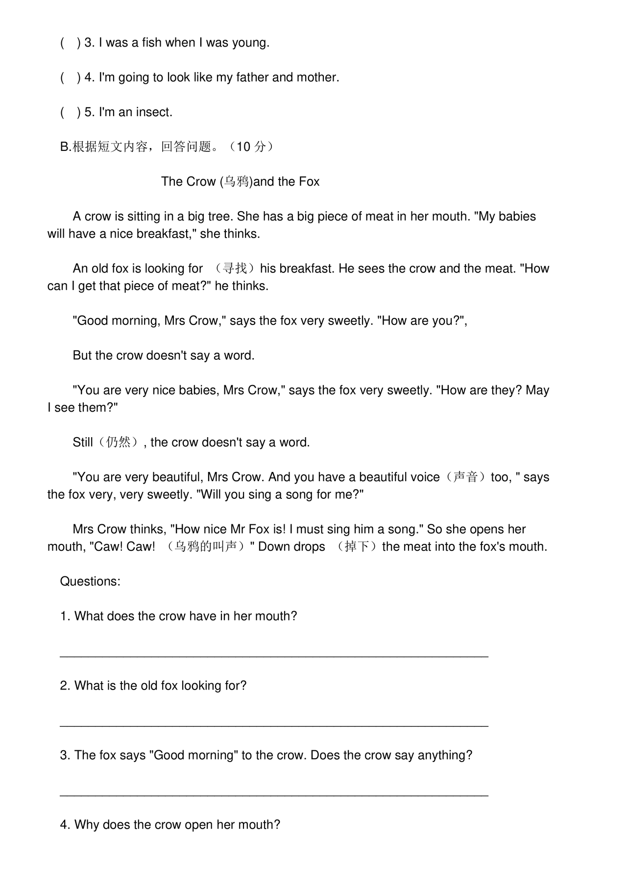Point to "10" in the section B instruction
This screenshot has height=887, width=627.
[243, 147]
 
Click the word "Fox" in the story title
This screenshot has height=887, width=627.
[309, 182]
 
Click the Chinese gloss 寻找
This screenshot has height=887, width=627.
[235, 269]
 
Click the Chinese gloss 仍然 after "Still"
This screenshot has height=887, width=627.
[118, 443]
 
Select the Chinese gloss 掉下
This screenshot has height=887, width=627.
[356, 547]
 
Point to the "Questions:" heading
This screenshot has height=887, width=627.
[90, 582]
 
